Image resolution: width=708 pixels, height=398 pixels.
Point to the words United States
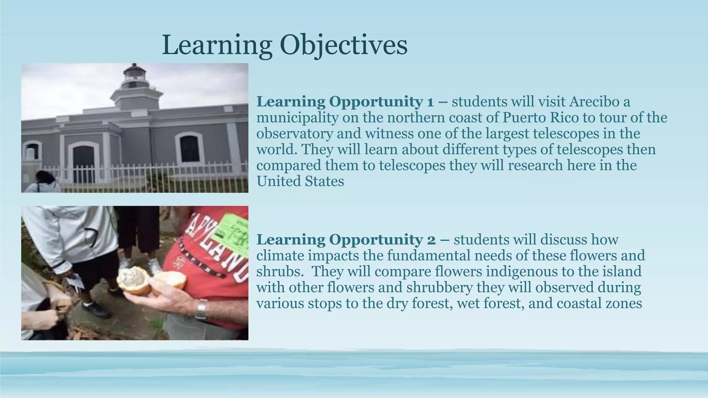pyautogui.click(x=300, y=181)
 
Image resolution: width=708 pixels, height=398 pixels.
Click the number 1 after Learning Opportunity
pyautogui.click(x=430, y=102)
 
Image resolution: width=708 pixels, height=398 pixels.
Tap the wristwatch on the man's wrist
pyautogui.click(x=201, y=309)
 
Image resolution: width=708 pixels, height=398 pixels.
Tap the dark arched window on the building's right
pyautogui.click(x=189, y=149)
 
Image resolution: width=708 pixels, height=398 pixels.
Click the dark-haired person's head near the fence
pyautogui.click(x=45, y=178)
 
